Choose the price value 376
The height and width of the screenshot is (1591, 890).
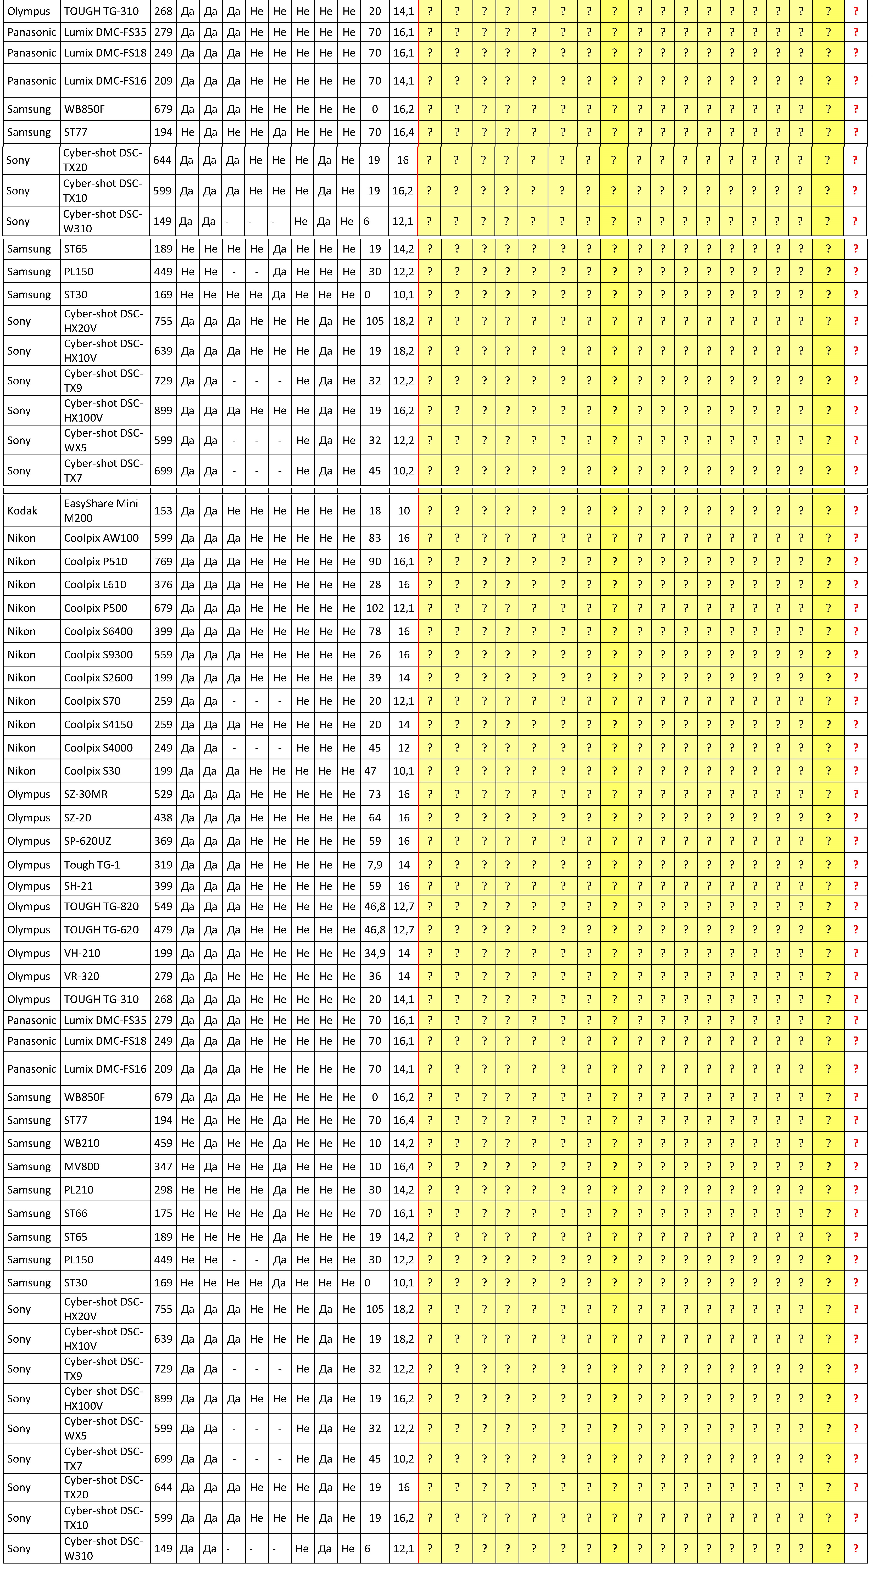pyautogui.click(x=163, y=584)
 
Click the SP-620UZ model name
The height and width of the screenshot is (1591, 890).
pyautogui.click(x=88, y=841)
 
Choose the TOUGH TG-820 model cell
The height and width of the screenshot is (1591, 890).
pyautogui.click(x=101, y=906)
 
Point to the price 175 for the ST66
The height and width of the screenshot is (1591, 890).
pyautogui.click(x=163, y=1213)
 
